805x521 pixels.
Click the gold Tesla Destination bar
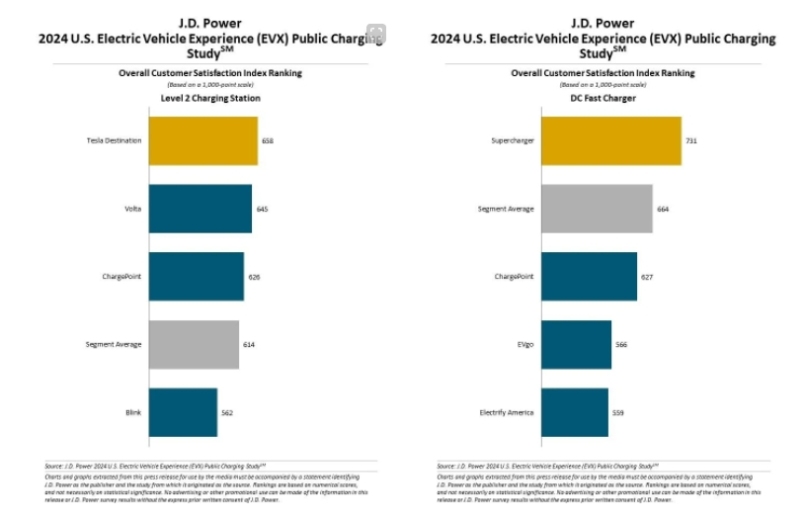pyautogui.click(x=202, y=140)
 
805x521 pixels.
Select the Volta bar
pyautogui.click(x=200, y=209)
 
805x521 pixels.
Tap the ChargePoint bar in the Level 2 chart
pyautogui.click(x=196, y=276)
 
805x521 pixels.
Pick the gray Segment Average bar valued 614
pyautogui.click(x=194, y=344)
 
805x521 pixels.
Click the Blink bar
pyautogui.click(x=183, y=412)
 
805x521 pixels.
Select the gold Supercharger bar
pyautogui.click(x=610, y=140)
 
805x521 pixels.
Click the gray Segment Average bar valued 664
pyautogui.click(x=597, y=209)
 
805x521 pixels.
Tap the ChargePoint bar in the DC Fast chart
pyautogui.click(x=589, y=276)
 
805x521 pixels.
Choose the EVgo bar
pyautogui.click(x=576, y=344)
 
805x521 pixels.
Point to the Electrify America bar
pyautogui.click(x=574, y=412)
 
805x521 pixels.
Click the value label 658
pyautogui.click(x=267, y=141)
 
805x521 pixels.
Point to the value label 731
pyautogui.click(x=691, y=141)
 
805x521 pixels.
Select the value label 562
pyautogui.click(x=227, y=412)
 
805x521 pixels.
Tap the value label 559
pyautogui.click(x=618, y=412)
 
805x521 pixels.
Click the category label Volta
pyautogui.click(x=132, y=209)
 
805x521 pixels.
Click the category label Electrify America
pyautogui.click(x=507, y=412)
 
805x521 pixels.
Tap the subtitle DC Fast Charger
pyautogui.click(x=603, y=98)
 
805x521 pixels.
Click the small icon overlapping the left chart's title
pyautogui.click(x=376, y=34)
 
